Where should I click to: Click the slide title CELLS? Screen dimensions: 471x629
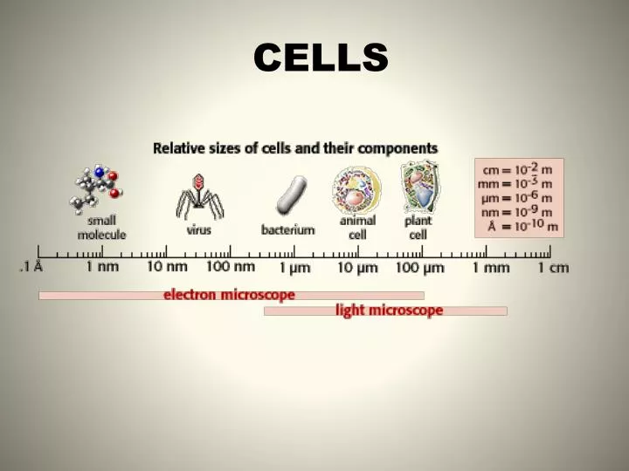[321, 58]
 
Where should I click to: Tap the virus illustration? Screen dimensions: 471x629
[199, 196]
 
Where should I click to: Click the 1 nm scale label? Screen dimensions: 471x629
[102, 267]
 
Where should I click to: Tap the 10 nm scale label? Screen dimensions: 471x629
[167, 267]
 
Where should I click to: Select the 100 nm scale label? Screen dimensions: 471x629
[231, 267]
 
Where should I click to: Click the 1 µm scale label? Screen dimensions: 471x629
[294, 267]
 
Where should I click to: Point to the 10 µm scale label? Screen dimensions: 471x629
[357, 267]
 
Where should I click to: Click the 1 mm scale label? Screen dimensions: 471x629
[490, 267]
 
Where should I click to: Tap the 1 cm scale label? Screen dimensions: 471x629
[553, 267]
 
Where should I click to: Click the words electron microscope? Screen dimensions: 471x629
[229, 295]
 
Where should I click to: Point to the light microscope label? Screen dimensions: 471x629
[389, 311]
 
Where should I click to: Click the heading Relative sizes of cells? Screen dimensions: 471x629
[295, 148]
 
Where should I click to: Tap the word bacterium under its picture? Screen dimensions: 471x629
[288, 229]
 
